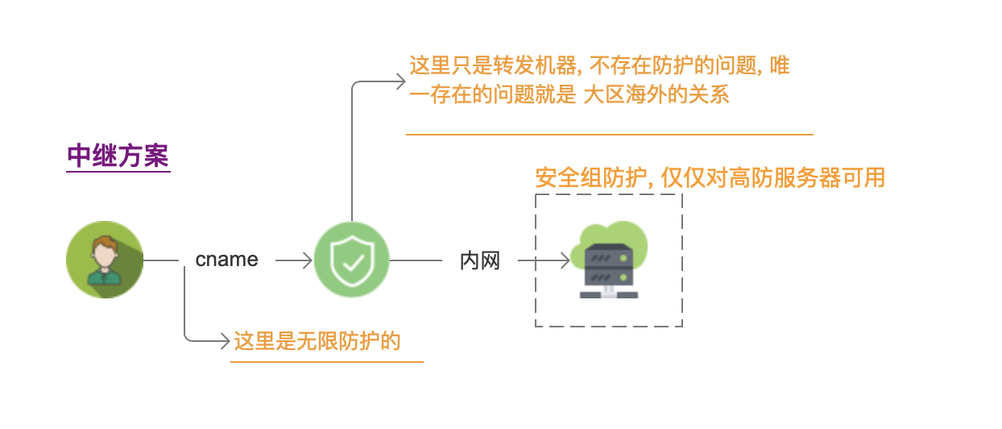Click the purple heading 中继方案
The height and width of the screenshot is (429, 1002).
point(118,156)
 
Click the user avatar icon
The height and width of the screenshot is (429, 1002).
point(104,260)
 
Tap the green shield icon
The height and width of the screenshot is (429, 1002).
point(351,260)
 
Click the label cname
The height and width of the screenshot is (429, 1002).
point(227,260)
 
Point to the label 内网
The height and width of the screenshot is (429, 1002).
point(480,260)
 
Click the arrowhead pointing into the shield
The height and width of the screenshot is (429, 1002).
point(307,260)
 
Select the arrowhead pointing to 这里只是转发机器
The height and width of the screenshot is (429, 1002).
point(401,81)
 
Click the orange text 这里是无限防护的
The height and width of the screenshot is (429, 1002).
point(317,341)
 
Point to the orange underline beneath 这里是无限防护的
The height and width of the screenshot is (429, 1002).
point(326,362)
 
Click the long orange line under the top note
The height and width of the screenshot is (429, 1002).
point(609,135)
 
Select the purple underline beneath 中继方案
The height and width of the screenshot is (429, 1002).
point(118,172)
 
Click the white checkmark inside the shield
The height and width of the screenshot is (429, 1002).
point(352,261)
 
